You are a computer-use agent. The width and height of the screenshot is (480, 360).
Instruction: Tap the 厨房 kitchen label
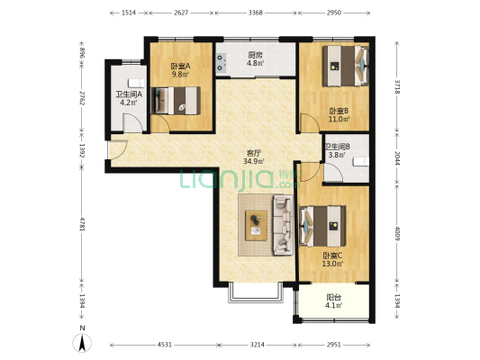point(255,56)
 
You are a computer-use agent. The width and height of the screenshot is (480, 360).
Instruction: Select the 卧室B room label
point(339,111)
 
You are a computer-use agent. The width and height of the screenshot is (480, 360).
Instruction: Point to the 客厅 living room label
point(254,153)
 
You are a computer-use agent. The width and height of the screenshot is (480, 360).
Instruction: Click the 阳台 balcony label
point(334,297)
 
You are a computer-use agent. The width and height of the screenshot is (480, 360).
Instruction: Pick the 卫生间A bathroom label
point(129,94)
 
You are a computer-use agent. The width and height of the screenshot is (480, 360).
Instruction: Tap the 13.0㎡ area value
point(332,264)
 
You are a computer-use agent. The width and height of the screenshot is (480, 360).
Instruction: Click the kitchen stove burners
point(221,62)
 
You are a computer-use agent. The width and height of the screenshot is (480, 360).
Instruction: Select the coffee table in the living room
point(257,225)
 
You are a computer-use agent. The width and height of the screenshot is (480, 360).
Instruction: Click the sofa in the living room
point(283,225)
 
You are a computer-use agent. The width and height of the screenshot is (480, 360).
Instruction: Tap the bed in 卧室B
point(345,66)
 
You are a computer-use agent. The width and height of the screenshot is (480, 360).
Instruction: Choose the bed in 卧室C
point(323,226)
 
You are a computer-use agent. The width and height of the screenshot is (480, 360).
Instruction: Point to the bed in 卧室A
point(176,101)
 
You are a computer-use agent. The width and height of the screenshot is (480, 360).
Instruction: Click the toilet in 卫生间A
point(136,83)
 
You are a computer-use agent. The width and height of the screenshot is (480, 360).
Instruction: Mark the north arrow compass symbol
point(82,343)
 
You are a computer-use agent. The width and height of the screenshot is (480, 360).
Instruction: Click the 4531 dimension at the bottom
point(165,345)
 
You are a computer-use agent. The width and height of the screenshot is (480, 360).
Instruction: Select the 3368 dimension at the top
point(255,13)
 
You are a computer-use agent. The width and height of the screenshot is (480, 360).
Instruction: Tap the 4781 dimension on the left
point(82,224)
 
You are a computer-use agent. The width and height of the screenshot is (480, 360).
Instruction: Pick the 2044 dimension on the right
point(397,158)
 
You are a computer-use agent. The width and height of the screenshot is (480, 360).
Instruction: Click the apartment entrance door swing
point(117,149)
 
